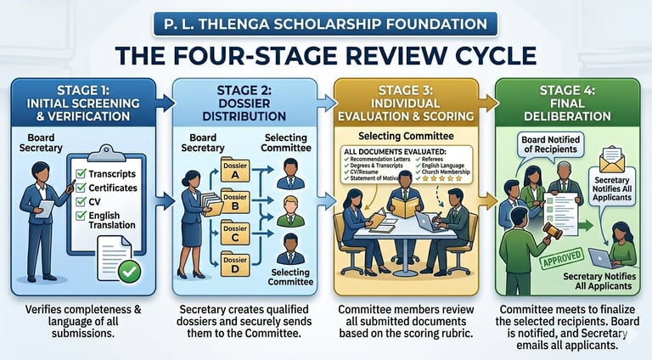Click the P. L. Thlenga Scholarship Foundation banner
click(326, 22)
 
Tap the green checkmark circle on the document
click(130, 273)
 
